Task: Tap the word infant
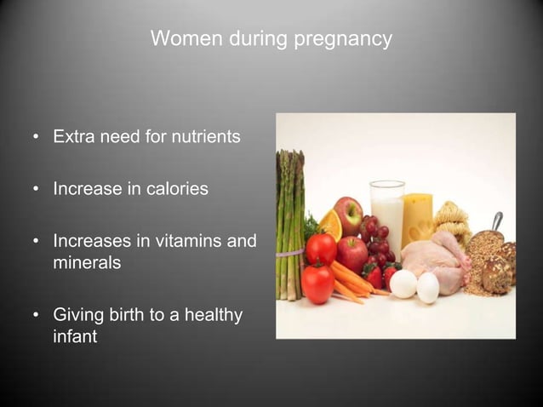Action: [75, 337]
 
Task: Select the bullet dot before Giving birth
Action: [37, 317]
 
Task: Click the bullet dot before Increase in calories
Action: [37, 190]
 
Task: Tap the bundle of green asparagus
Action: [289, 221]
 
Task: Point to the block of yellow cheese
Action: [417, 219]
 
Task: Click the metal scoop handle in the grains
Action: [496, 221]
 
